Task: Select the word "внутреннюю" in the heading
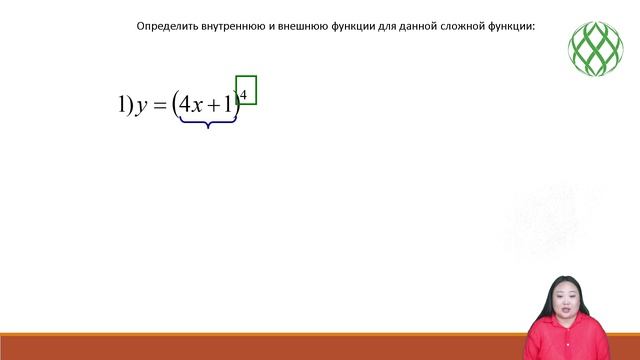coord(232,27)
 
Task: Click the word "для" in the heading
coord(388,27)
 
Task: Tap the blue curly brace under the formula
coord(208,122)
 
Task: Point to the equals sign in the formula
coord(159,105)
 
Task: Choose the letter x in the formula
coord(197,105)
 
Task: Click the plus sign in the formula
coord(214,105)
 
